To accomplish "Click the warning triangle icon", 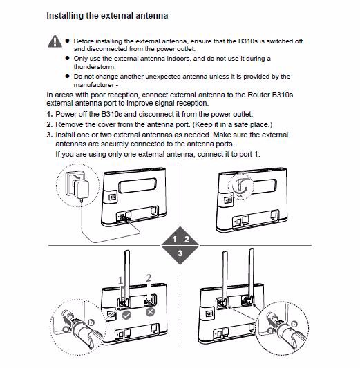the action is [55, 41].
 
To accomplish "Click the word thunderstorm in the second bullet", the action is [95, 67].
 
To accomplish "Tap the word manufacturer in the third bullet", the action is [94, 85].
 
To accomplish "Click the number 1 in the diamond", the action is [174, 240].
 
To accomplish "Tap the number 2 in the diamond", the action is [187, 240].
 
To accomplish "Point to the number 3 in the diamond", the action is [180, 253].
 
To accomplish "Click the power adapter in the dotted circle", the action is [81, 189].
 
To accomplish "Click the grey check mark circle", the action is [126, 315].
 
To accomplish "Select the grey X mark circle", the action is [151, 312].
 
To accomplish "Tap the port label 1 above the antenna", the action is [120, 280].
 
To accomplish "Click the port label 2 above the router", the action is [149, 278].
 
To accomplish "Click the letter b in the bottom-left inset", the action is [91, 322].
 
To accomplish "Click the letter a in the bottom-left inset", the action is [66, 329].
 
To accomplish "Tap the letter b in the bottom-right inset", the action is [294, 324].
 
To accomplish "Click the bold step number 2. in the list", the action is [50, 124].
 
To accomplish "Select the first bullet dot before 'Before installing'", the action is [68, 41].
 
